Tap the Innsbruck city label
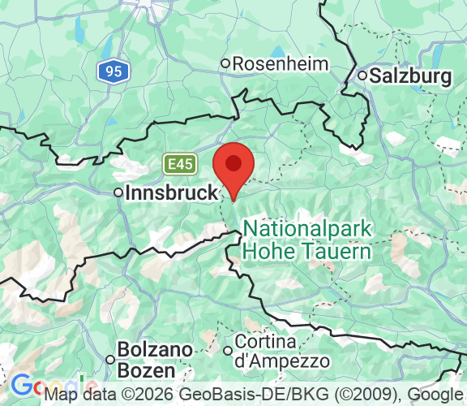point(172,193)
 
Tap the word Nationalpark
point(307,229)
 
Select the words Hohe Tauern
point(307,251)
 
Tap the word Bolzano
point(156,350)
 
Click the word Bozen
point(146,370)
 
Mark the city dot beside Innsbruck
point(118,193)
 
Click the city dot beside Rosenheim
point(226,63)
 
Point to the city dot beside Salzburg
point(362,76)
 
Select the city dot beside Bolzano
point(110,360)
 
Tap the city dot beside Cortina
point(227,351)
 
